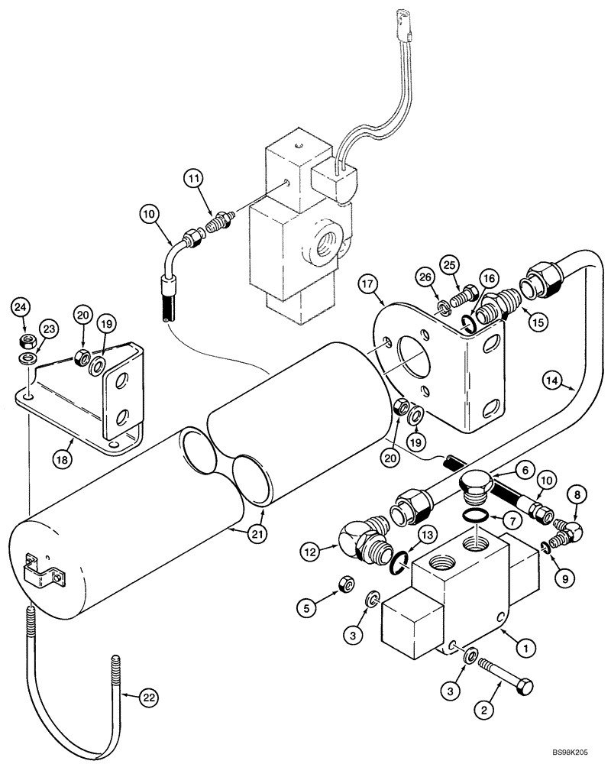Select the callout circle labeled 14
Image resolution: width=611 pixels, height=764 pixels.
[553, 380]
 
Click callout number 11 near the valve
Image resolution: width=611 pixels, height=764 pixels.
[194, 180]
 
